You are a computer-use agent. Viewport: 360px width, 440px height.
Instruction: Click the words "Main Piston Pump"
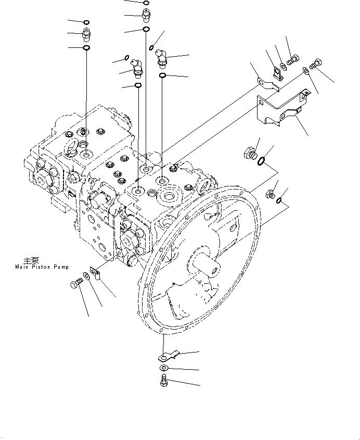pyautogui.click(x=38, y=267)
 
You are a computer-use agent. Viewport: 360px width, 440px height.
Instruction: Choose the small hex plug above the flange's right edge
pyautogui.click(x=270, y=195)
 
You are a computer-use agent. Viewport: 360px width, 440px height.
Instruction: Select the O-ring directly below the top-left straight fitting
pyautogui.click(x=86, y=48)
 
